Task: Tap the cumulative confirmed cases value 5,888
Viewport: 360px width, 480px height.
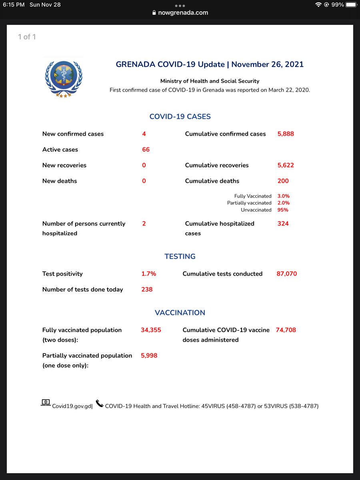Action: tap(286, 134)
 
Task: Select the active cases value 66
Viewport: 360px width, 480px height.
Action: tap(146, 150)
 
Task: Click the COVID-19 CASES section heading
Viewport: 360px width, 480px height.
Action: tap(180, 117)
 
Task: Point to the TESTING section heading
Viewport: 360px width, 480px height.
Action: tap(180, 256)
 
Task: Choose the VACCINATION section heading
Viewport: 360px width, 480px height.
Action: tap(180, 313)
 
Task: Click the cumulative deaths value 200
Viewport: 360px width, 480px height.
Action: tap(283, 181)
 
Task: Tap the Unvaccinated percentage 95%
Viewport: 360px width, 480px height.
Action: tap(283, 210)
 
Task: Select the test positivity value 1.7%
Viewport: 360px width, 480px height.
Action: tap(148, 274)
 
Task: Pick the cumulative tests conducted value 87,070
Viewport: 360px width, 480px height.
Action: tap(286, 274)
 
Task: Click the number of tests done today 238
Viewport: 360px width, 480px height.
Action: tap(147, 290)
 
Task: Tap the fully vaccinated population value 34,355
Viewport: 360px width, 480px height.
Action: tap(151, 330)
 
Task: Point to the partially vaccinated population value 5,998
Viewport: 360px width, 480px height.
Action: tap(149, 356)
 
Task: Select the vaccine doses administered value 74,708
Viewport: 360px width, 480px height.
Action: tap(286, 330)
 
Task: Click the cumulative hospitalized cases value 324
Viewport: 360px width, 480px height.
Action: tap(283, 224)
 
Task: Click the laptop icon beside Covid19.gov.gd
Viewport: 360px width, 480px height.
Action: tap(46, 403)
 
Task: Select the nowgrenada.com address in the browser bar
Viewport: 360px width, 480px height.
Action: tap(183, 13)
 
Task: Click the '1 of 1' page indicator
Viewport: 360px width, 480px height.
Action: tap(27, 37)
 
